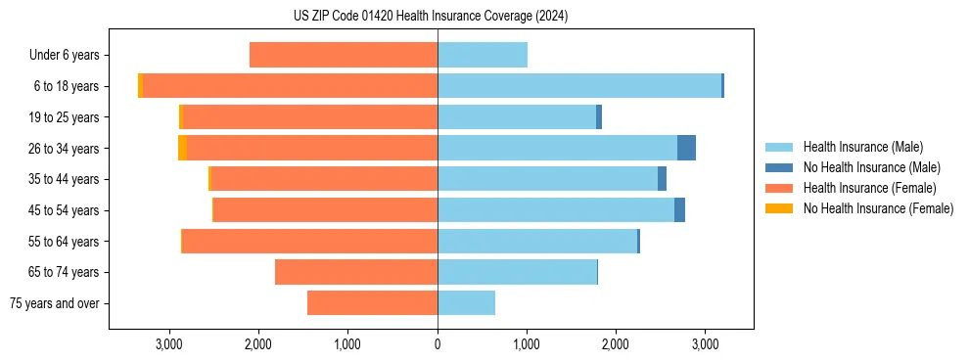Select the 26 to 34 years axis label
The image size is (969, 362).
pos(66,149)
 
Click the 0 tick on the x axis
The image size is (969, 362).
pos(438,345)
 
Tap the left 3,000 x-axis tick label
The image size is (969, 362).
pos(169,345)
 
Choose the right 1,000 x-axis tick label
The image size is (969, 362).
pos(527,345)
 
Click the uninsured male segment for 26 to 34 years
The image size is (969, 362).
pos(686,148)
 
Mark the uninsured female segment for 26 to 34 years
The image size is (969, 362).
pos(182,148)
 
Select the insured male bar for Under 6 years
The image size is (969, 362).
pos(483,55)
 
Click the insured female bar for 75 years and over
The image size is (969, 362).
pos(372,303)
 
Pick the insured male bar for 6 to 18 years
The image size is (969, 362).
pos(579,86)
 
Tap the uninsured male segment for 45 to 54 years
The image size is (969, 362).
pos(679,210)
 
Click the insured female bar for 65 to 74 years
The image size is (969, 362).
pos(356,272)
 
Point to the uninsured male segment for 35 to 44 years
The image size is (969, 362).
pos(662,179)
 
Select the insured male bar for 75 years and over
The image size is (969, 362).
pos(466,303)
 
